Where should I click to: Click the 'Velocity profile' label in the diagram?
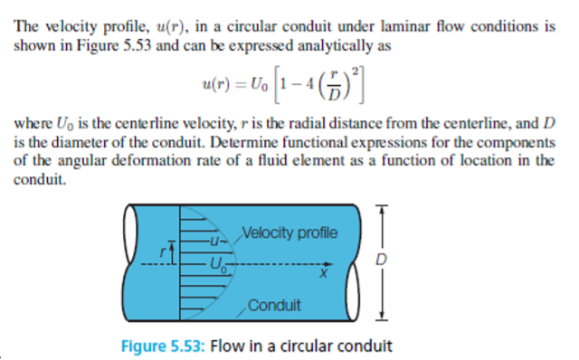(x=289, y=233)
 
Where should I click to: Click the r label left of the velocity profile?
(x=164, y=254)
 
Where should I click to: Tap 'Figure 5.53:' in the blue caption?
(x=160, y=346)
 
